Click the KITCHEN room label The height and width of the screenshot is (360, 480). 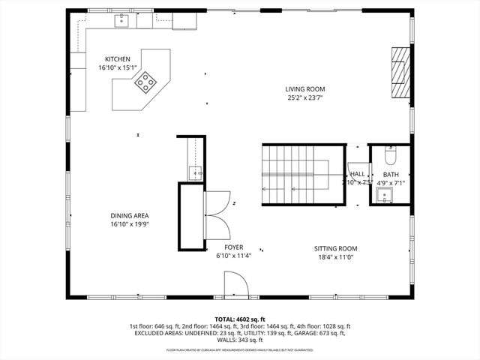[118, 59]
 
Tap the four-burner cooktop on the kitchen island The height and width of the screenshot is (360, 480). [145, 82]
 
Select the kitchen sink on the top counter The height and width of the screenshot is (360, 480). [121, 22]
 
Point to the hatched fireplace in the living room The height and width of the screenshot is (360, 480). [401, 73]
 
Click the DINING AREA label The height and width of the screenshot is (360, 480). [130, 215]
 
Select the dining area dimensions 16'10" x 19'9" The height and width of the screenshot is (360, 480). [130, 224]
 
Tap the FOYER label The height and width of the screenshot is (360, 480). [233, 247]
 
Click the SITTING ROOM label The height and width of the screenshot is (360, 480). [335, 248]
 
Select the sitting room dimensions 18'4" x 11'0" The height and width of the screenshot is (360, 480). [335, 257]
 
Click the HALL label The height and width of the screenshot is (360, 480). [357, 174]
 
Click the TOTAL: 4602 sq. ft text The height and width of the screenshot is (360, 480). [240, 319]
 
